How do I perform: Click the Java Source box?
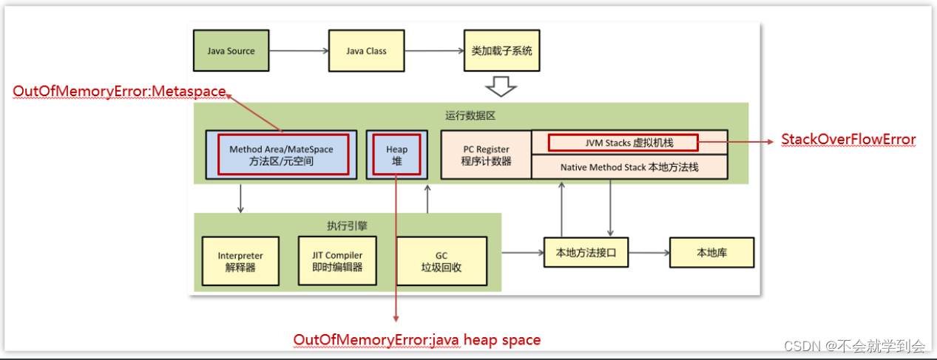(x=230, y=52)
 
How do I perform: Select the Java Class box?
(x=366, y=52)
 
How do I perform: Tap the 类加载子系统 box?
(x=501, y=52)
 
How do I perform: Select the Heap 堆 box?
(x=397, y=154)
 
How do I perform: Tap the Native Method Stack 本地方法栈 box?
(x=629, y=167)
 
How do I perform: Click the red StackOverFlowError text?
(x=848, y=140)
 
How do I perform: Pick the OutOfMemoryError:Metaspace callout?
(x=119, y=91)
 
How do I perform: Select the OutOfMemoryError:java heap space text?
(x=417, y=340)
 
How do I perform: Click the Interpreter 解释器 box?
(x=240, y=262)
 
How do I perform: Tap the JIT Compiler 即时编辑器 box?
(x=337, y=261)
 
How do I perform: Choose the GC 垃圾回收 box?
(x=442, y=262)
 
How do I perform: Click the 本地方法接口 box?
(x=586, y=253)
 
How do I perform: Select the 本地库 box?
(x=711, y=253)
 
